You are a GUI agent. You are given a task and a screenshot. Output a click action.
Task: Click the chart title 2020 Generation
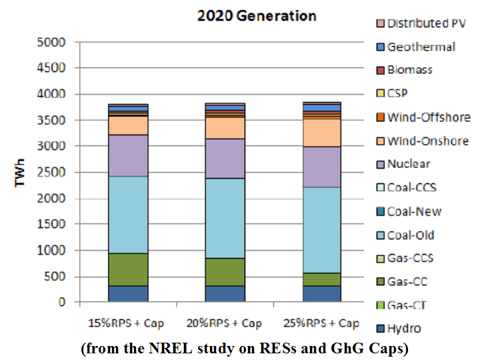(x=257, y=15)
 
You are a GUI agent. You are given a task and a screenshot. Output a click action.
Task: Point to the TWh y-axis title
(x=21, y=172)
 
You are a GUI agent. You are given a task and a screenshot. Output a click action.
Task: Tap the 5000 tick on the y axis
(x=52, y=42)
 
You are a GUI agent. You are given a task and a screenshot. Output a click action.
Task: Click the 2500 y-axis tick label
(x=52, y=173)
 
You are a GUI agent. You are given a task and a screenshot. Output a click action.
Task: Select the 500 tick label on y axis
(x=55, y=277)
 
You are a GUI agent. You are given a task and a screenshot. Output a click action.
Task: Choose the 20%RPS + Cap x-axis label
(x=225, y=323)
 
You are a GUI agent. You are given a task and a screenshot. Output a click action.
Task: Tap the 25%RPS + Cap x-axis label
(x=323, y=323)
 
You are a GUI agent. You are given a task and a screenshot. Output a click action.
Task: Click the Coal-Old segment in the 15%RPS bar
(x=128, y=215)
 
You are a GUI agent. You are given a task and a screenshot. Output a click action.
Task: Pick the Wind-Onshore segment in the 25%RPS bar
(x=323, y=132)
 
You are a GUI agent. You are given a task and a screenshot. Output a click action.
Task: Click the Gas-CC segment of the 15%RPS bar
(x=128, y=269)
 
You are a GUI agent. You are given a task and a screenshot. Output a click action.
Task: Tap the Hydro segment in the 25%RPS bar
(x=323, y=294)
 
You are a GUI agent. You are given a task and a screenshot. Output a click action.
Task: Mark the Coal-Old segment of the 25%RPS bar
(x=323, y=230)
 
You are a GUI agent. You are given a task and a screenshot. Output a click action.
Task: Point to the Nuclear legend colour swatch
(x=378, y=165)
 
